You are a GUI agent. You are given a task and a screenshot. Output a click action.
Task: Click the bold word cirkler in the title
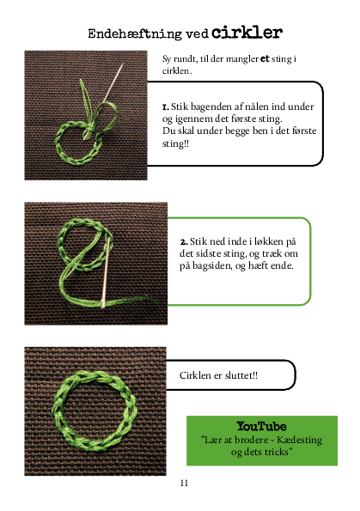click(x=247, y=33)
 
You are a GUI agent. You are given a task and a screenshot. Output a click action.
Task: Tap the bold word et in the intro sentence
click(x=265, y=58)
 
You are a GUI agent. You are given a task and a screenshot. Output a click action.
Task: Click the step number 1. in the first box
click(x=166, y=106)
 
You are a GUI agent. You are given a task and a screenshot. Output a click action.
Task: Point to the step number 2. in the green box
click(x=184, y=242)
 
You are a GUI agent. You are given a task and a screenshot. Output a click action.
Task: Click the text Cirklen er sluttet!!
click(x=218, y=375)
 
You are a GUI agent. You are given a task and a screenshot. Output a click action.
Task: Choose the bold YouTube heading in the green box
click(x=261, y=426)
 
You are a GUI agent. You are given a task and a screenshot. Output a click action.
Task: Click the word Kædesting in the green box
click(x=299, y=440)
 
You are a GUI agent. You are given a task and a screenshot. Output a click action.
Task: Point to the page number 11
click(x=184, y=483)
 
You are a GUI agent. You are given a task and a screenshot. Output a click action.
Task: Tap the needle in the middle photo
click(x=106, y=272)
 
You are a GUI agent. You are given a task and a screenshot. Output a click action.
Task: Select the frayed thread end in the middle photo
click(x=148, y=298)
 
